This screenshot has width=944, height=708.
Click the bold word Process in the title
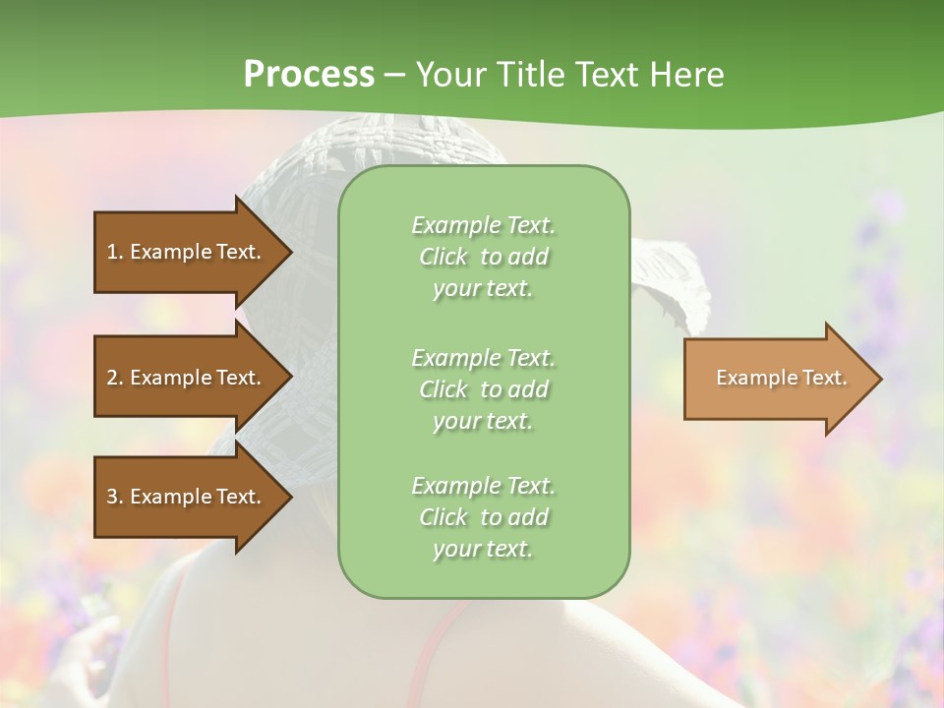coord(309,75)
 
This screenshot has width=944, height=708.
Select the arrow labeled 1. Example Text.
coord(187,252)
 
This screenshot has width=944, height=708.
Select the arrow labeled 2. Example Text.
coord(187,378)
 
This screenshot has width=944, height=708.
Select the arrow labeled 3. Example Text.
coord(187,497)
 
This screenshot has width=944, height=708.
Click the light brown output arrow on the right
coord(777,379)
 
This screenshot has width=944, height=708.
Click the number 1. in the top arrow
coord(115,252)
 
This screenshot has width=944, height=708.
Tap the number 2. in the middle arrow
coord(115,378)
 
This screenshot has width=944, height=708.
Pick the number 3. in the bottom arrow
coord(115,497)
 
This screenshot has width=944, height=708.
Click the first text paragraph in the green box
coord(483,257)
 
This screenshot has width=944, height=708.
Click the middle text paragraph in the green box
coord(483,389)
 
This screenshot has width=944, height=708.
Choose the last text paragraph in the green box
coord(483,517)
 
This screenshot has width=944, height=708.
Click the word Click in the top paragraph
coord(443,257)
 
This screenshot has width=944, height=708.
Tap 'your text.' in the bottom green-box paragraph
coord(483,549)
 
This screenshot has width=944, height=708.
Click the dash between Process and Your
coord(394,76)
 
